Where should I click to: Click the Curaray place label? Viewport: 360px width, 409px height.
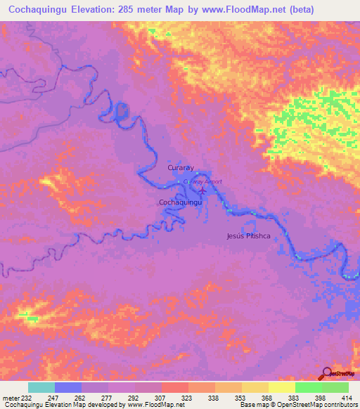tap(179, 169)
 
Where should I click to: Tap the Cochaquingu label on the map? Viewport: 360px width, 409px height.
tap(181, 202)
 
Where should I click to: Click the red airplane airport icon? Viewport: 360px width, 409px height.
tap(203, 189)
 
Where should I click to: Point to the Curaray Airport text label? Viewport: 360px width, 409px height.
tap(202, 181)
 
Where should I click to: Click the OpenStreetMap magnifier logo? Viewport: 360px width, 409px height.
tap(327, 372)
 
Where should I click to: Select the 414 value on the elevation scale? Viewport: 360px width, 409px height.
tap(347, 397)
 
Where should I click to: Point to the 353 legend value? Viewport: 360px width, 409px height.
tap(240, 397)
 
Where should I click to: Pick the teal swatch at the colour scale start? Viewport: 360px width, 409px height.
tap(41, 387)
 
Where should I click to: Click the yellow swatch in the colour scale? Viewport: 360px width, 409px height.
tap(281, 387)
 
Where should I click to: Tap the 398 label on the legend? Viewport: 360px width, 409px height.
tap(320, 397)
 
